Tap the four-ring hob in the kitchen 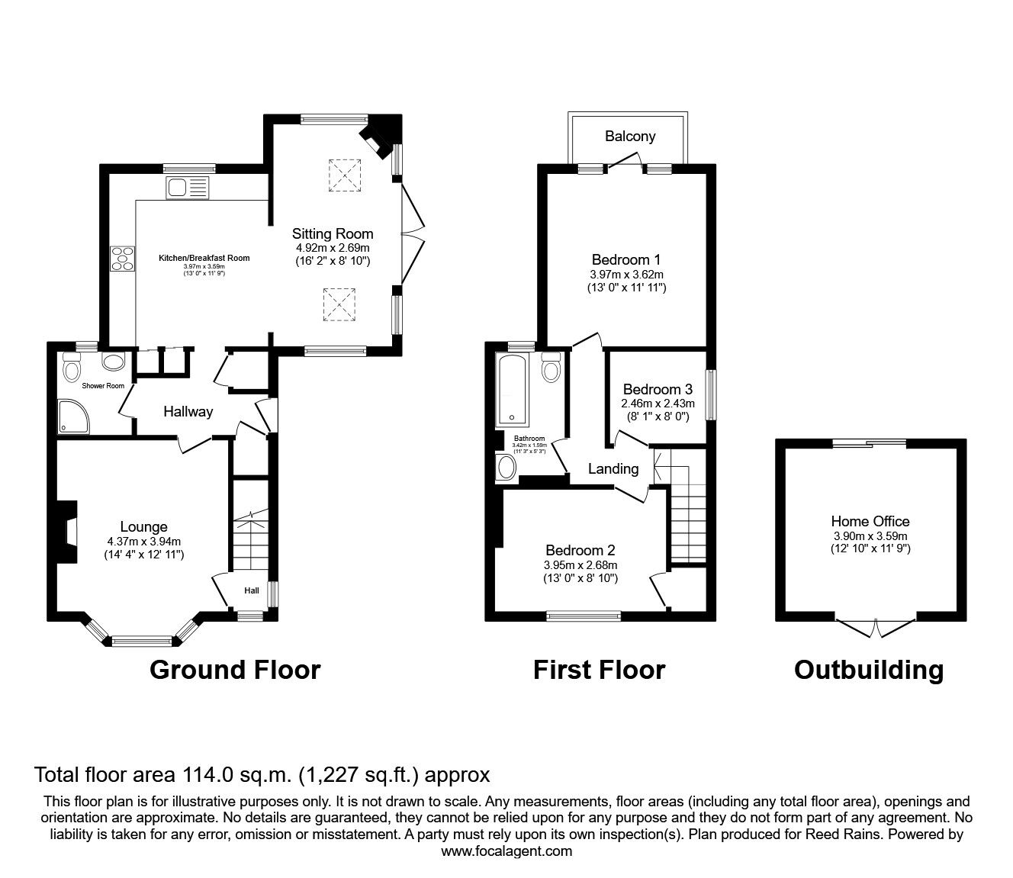point(122,258)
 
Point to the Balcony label point(630,137)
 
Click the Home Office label point(870,522)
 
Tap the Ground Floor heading point(235,670)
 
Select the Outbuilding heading point(869,670)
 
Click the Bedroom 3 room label point(658,389)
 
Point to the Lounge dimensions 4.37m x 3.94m point(143,542)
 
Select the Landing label point(613,468)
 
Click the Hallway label point(188,412)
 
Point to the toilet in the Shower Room point(72,369)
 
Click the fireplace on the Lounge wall point(67,532)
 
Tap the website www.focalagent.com point(507,851)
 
